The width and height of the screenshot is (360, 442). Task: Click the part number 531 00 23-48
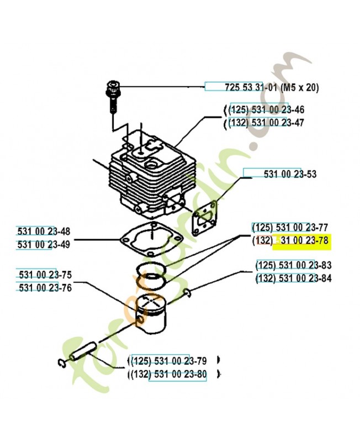click(44, 231)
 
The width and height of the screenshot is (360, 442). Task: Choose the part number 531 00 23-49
click(44, 244)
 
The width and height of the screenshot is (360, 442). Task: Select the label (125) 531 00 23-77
click(290, 227)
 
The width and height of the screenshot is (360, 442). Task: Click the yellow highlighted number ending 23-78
click(304, 240)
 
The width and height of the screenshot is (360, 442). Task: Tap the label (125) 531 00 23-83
click(294, 265)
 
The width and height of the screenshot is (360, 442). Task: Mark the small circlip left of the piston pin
click(62, 362)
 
